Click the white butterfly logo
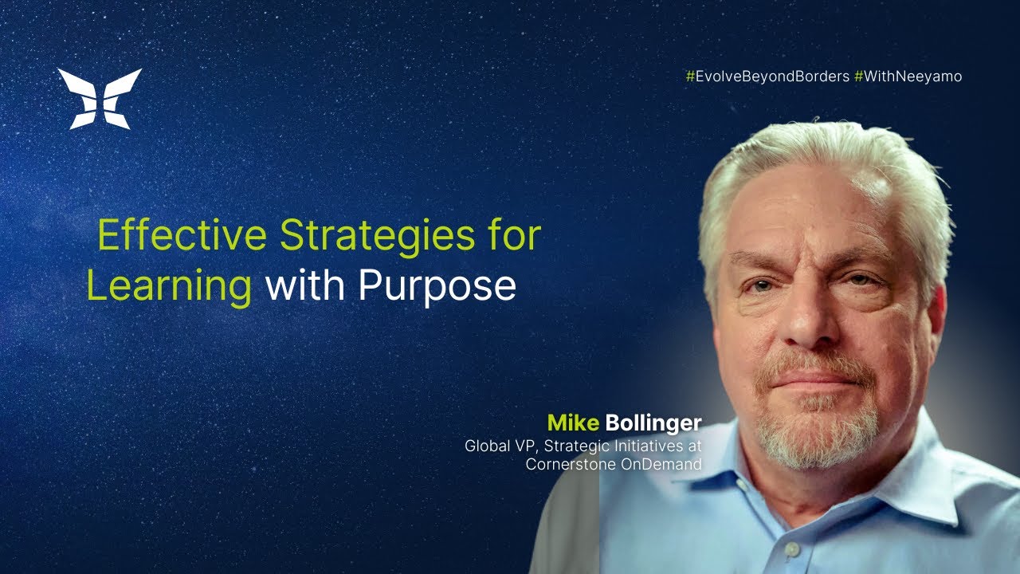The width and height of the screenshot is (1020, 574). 100,98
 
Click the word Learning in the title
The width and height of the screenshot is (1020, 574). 169,286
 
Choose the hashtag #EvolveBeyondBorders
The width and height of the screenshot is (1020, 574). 767,77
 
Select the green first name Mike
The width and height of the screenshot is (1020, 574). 572,423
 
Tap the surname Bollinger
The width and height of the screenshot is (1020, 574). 652,423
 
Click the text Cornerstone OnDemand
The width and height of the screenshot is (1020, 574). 613,464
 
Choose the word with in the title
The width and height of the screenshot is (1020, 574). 304,286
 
